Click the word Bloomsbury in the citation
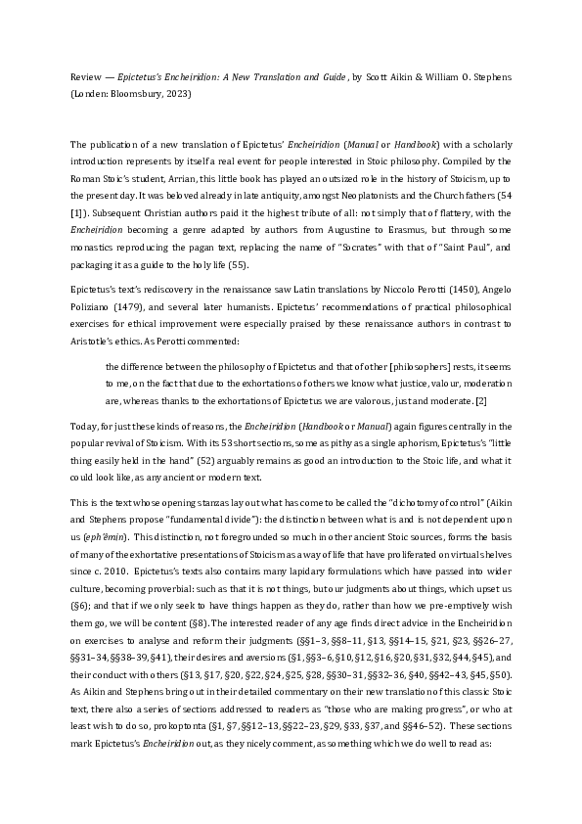(x=138, y=95)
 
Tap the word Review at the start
(x=85, y=75)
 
